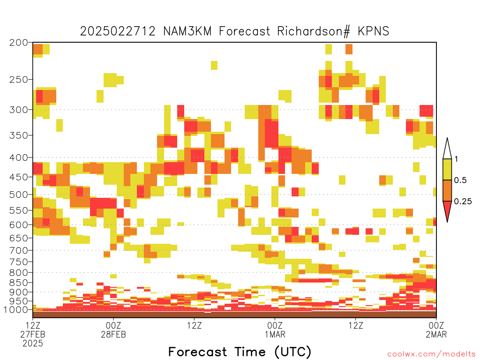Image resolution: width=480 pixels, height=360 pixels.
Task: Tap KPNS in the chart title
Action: tap(374, 31)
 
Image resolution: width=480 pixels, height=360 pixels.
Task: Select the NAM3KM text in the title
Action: tap(187, 31)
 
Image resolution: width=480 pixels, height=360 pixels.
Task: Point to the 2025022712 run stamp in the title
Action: tap(118, 31)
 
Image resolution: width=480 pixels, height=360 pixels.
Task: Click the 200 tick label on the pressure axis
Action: tap(19, 43)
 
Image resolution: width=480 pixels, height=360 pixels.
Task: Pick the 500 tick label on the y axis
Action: tap(19, 195)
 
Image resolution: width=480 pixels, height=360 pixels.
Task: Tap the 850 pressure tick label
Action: tap(19, 283)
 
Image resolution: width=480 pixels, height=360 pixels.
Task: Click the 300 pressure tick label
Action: tap(19, 110)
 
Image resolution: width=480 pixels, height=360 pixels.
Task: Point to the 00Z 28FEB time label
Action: tap(113, 330)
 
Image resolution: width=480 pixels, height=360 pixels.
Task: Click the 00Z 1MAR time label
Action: tap(275, 330)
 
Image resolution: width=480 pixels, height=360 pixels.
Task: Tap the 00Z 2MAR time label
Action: tap(436, 330)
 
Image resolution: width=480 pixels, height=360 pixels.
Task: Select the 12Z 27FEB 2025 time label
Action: tap(33, 334)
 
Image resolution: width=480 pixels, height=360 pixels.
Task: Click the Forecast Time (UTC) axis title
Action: tap(240, 352)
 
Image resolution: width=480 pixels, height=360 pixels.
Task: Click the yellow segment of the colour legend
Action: tap(447, 169)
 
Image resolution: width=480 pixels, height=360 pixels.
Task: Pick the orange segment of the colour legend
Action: tap(447, 190)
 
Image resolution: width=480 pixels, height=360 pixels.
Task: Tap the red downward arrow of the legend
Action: tap(447, 210)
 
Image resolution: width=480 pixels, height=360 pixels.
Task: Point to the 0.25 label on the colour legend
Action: tap(463, 201)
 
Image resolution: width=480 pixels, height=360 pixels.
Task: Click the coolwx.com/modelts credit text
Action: tap(431, 354)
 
